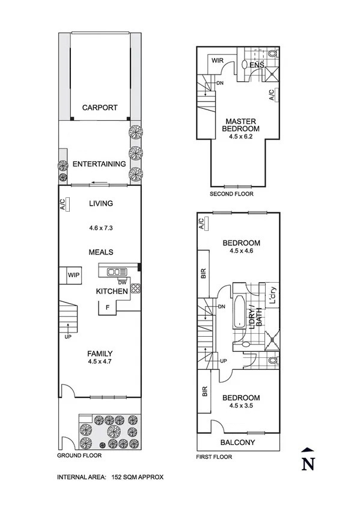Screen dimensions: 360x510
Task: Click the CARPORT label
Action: tap(100, 108)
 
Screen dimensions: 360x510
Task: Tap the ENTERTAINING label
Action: tap(99, 164)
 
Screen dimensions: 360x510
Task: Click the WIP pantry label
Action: tap(73, 275)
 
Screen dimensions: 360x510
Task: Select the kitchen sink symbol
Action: tap(117, 272)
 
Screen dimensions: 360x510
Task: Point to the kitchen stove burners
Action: tap(135, 288)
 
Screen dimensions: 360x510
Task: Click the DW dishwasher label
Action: tap(122, 282)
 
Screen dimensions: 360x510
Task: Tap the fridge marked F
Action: tap(107, 307)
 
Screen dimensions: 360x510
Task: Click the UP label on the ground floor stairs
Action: tap(67, 337)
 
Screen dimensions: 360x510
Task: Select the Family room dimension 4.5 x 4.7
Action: tap(100, 361)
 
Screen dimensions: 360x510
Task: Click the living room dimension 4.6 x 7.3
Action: tap(101, 228)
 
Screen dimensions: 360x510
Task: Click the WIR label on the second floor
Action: tap(218, 61)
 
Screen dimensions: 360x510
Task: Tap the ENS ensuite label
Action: tap(257, 65)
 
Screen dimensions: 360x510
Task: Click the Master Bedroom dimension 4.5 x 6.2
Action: tap(241, 137)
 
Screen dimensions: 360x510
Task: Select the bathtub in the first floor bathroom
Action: tap(239, 312)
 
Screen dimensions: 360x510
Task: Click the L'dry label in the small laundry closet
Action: tap(272, 295)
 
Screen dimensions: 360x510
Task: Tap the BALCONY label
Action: tap(237, 443)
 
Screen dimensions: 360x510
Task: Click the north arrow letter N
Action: tap(308, 464)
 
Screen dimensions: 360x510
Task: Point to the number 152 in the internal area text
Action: tap(117, 477)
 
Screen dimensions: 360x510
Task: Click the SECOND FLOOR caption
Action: tap(231, 194)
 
